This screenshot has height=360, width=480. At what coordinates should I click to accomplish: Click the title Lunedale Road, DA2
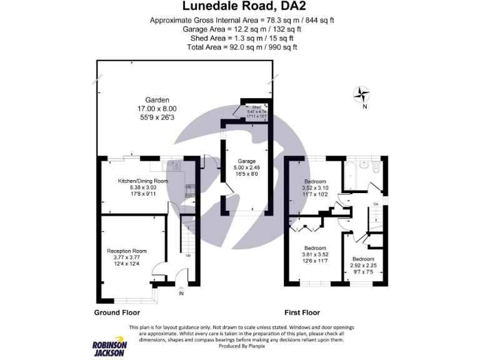pos(240,7)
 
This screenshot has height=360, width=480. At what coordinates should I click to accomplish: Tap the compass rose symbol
pos(362,95)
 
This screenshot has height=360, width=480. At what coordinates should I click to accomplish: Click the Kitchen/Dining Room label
pos(143,181)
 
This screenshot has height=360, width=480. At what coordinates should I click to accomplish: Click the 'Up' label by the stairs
pos(188,255)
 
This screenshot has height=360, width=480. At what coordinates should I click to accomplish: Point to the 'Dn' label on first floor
pos(375,204)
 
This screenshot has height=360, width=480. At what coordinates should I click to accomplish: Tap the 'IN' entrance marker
pos(181,293)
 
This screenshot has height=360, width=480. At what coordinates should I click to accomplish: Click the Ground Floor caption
pos(117,312)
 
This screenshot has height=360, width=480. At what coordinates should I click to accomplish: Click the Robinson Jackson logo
pos(110,347)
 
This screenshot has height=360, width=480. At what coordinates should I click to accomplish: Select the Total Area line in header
pos(240,47)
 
